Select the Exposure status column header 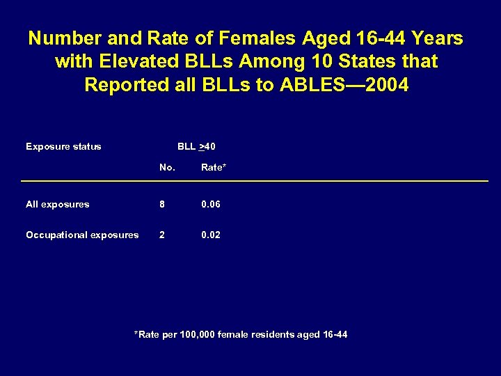tap(63, 146)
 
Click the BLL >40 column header tap(196, 146)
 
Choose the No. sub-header tap(167, 167)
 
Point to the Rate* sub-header tap(214, 167)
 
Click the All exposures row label tap(58, 204)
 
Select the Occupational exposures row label tap(82, 235)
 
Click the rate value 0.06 tap(211, 204)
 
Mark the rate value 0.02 tap(211, 235)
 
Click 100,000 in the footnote tap(198, 335)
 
